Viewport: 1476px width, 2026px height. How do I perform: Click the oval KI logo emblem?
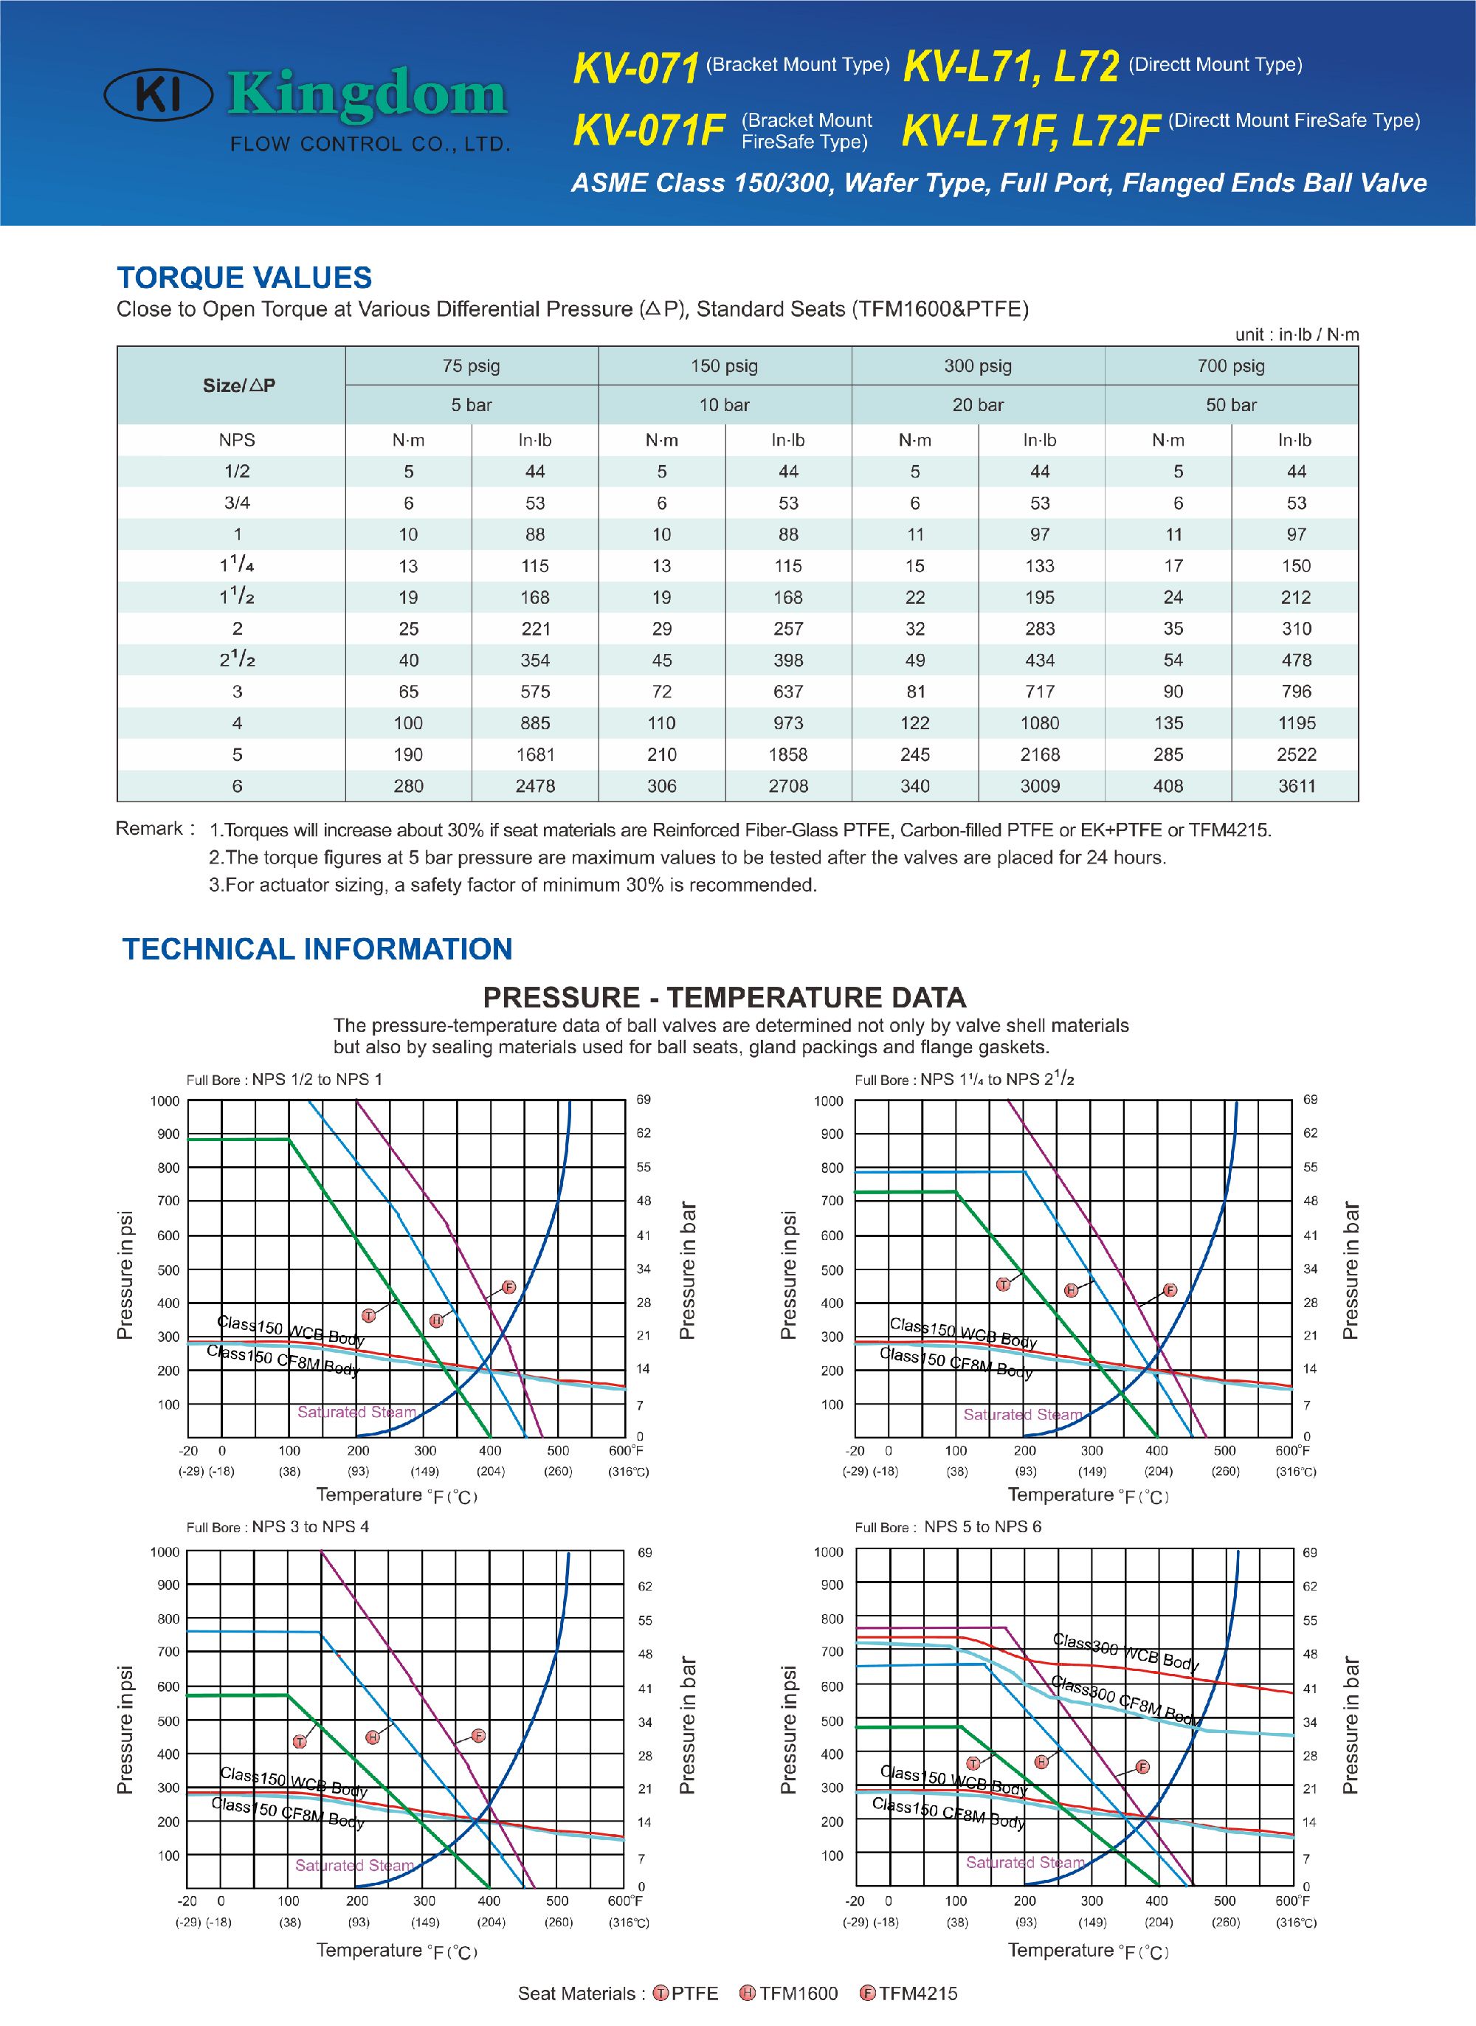[x=158, y=96]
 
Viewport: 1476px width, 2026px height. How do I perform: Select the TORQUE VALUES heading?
[x=244, y=278]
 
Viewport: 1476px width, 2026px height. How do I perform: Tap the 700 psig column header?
[x=1230, y=365]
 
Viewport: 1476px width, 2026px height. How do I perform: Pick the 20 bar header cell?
[x=977, y=404]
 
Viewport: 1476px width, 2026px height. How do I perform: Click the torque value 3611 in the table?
[x=1295, y=786]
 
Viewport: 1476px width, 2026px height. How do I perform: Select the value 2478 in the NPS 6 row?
[x=535, y=786]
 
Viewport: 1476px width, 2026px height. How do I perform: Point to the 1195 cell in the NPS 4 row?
[x=1295, y=723]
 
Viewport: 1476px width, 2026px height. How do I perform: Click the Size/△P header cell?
[x=238, y=385]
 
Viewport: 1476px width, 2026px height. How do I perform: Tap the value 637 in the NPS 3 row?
[x=788, y=692]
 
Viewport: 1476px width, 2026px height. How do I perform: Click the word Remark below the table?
[x=149, y=828]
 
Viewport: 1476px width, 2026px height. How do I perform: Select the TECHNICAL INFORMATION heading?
[x=317, y=948]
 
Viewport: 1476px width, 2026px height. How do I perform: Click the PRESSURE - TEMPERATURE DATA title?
[x=724, y=997]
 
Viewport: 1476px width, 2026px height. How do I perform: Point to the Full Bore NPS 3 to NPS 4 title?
[x=278, y=1526]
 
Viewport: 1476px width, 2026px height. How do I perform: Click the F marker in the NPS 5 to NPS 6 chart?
[x=1142, y=1767]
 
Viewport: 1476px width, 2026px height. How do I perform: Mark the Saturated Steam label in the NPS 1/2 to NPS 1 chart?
[x=356, y=1411]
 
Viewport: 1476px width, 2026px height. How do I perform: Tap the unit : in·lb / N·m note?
[x=1297, y=335]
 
